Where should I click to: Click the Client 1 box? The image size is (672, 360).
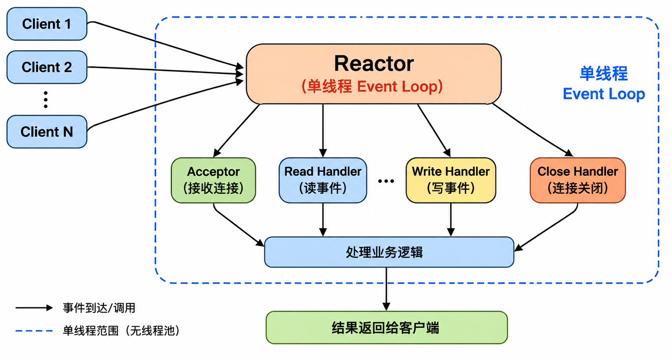pyautogui.click(x=47, y=24)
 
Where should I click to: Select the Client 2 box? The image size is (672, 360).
pyautogui.click(x=47, y=67)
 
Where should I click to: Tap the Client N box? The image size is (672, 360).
pyautogui.click(x=47, y=132)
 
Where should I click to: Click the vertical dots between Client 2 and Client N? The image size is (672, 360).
pyautogui.click(x=46, y=100)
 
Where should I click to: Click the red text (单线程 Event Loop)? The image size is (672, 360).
pyautogui.click(x=372, y=86)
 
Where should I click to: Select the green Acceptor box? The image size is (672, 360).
pyautogui.click(x=213, y=180)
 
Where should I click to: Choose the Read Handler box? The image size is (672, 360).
pyautogui.click(x=323, y=180)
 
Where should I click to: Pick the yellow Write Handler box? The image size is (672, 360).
pyautogui.click(x=451, y=180)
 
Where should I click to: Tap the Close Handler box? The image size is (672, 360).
pyautogui.click(x=578, y=180)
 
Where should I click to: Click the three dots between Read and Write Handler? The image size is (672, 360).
pyautogui.click(x=386, y=181)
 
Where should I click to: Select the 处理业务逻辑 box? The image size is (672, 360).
pyautogui.click(x=389, y=252)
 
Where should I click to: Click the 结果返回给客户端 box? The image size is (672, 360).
pyautogui.click(x=387, y=327)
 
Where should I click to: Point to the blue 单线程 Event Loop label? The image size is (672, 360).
pyautogui.click(x=604, y=84)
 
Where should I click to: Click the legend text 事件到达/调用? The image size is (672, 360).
pyautogui.click(x=99, y=308)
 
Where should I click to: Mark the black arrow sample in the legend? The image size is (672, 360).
pyautogui.click(x=34, y=308)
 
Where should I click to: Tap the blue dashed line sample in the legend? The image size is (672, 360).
pyautogui.click(x=34, y=331)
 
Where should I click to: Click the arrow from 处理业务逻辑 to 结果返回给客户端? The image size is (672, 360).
pyautogui.click(x=386, y=289)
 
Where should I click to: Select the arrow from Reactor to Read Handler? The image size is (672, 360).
pyautogui.click(x=323, y=131)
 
